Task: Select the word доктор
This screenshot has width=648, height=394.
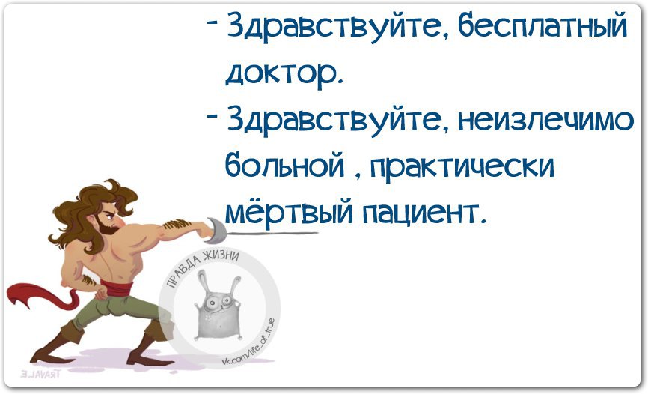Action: coord(284,73)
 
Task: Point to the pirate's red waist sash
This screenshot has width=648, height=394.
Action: coord(113,288)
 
